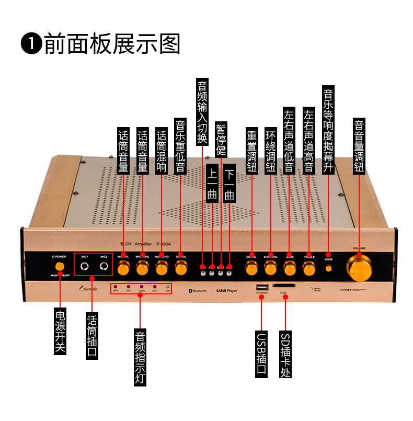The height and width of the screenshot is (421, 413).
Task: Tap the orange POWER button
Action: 60,267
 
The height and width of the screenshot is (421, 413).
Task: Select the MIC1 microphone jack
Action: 84,268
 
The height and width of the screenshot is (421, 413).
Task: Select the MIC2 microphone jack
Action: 105,268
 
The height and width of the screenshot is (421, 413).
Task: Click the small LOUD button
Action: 328,268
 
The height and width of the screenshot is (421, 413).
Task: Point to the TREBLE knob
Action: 308,268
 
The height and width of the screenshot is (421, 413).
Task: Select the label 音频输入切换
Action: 202,112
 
